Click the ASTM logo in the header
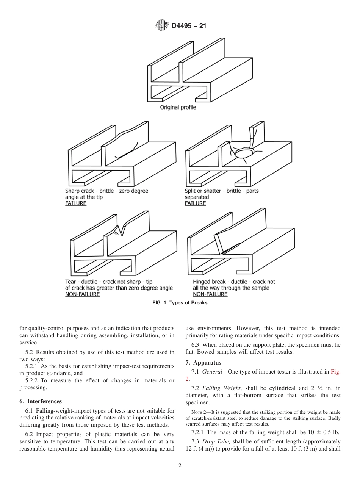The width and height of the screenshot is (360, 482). point(161,26)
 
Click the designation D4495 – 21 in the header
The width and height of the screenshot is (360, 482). point(189,26)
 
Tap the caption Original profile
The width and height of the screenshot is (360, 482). point(178,107)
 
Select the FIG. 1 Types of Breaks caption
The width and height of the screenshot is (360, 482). point(180,303)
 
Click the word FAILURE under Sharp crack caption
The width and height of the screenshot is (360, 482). point(76,203)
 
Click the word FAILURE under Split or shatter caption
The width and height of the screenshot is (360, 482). point(195,203)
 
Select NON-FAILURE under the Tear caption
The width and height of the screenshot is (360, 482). point(82,294)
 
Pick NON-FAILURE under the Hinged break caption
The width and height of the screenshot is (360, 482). point(210,294)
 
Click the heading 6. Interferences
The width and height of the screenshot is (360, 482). point(41,401)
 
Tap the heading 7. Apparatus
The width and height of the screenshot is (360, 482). point(203,363)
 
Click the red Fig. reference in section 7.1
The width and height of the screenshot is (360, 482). point(335,372)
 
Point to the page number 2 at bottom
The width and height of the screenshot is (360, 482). point(180,466)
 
